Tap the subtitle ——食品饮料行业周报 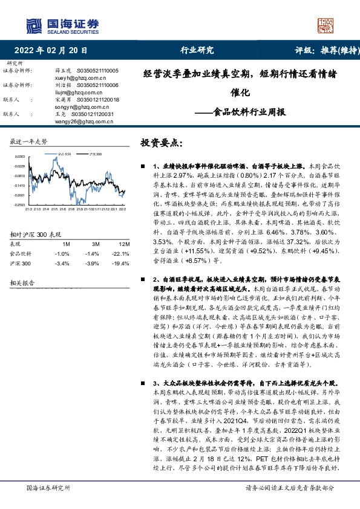point(241,112)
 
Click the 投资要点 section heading point(160,143)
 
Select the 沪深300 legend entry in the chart point(95,155)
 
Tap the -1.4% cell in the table point(92,236)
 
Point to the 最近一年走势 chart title point(28,141)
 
